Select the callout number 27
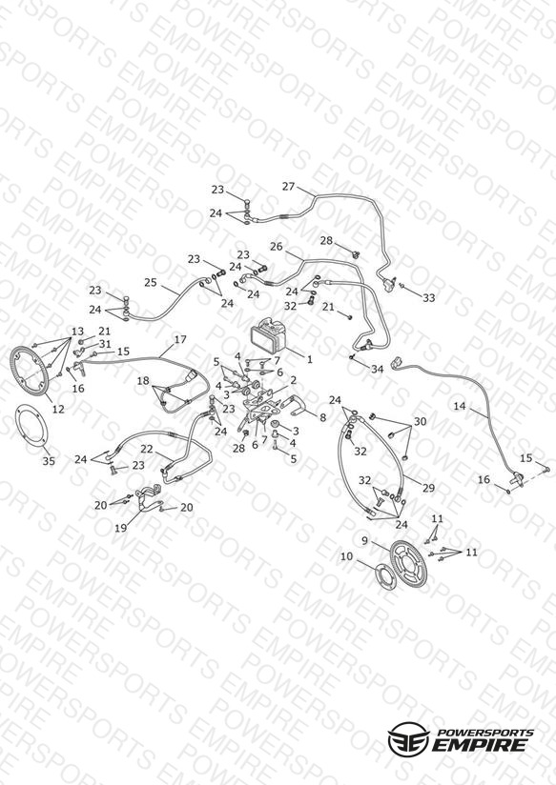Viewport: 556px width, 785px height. [288, 186]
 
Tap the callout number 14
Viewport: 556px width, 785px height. [460, 406]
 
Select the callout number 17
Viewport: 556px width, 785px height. [180, 339]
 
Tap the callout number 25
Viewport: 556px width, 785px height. [151, 282]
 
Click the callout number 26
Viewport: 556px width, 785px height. [277, 247]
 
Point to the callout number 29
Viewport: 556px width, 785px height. [428, 488]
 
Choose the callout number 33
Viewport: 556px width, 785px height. [428, 298]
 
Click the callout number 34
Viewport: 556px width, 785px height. [377, 369]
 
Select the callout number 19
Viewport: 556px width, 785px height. [121, 528]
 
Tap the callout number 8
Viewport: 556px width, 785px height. [322, 417]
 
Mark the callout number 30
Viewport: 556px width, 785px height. [420, 421]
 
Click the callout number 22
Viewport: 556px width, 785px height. [147, 449]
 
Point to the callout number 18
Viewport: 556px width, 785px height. [143, 381]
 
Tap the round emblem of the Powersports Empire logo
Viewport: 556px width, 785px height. [408, 738]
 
